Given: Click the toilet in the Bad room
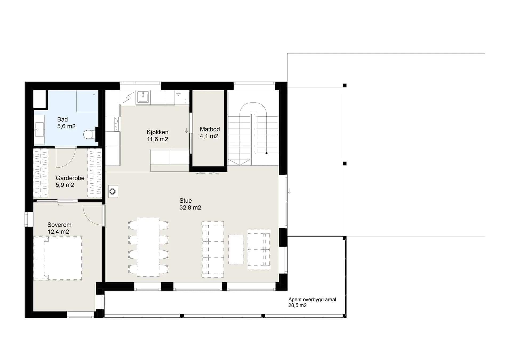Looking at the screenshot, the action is pyautogui.click(x=89, y=134).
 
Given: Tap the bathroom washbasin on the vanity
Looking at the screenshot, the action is pyautogui.click(x=39, y=130).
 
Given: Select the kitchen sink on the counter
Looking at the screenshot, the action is pyautogui.click(x=143, y=96).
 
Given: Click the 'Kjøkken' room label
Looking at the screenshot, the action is pyautogui.click(x=157, y=132).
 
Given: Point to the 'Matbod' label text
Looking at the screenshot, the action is pyautogui.click(x=210, y=129).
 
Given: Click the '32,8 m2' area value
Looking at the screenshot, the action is pyautogui.click(x=190, y=208).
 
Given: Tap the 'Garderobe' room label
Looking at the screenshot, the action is pyautogui.click(x=70, y=178).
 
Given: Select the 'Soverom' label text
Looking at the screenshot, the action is pyautogui.click(x=59, y=225).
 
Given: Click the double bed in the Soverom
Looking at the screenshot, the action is pyautogui.click(x=58, y=258).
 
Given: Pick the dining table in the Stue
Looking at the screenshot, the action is pyautogui.click(x=148, y=247).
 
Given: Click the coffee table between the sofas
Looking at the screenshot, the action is pyautogui.click(x=236, y=250).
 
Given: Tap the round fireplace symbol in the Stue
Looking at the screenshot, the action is pyautogui.click(x=113, y=191).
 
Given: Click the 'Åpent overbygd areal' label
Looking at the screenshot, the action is pyautogui.click(x=312, y=299).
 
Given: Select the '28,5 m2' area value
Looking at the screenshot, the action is pyautogui.click(x=297, y=305).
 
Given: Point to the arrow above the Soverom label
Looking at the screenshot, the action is pyautogui.click(x=60, y=205).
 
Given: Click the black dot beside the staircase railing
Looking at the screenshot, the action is pyautogui.click(x=266, y=153).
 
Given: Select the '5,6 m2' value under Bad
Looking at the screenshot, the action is pyautogui.click(x=66, y=126).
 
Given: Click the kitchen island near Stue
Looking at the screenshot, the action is pyautogui.click(x=170, y=160).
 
